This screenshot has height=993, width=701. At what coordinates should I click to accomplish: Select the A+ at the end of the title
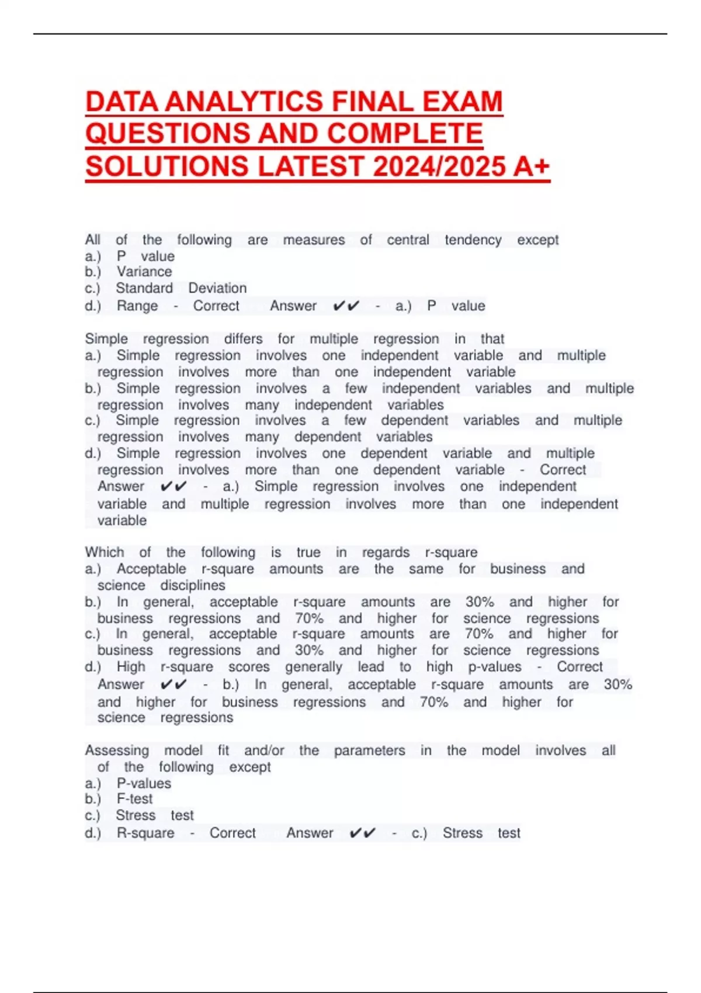(x=532, y=166)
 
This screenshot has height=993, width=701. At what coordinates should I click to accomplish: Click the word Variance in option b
(x=144, y=272)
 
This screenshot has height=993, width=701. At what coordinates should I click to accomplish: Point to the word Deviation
(x=217, y=288)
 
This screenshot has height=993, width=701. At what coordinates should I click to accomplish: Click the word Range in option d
(x=137, y=305)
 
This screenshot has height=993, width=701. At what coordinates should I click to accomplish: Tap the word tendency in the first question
(x=473, y=239)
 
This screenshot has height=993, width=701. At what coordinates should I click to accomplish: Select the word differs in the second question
(x=243, y=339)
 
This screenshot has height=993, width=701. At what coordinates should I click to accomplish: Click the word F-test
(x=135, y=798)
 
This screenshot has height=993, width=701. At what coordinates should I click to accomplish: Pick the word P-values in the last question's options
(x=144, y=783)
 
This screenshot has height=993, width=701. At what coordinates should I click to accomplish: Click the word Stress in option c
(x=136, y=815)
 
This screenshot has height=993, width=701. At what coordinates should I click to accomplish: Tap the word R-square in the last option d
(x=145, y=833)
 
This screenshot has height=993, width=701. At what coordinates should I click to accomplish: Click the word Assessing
(x=117, y=750)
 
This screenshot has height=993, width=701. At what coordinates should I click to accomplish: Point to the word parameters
(x=369, y=750)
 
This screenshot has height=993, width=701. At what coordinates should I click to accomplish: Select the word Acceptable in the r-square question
(x=151, y=568)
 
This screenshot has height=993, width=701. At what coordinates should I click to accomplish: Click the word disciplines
(x=193, y=585)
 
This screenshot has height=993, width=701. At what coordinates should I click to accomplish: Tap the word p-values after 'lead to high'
(x=495, y=666)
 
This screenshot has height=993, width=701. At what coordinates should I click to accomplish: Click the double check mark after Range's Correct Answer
(x=346, y=305)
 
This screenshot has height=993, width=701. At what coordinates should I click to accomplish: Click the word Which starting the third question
(x=105, y=552)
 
